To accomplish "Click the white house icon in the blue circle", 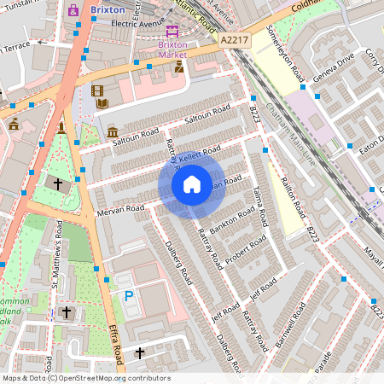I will (191, 183).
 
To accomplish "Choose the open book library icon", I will (102, 104).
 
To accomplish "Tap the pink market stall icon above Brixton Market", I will (172, 40).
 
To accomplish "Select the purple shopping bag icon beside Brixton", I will (73, 10).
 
